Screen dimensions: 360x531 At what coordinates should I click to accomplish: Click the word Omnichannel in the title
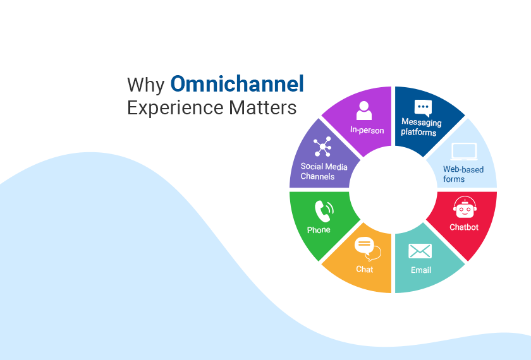(237, 84)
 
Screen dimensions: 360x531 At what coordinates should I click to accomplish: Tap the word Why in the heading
(146, 85)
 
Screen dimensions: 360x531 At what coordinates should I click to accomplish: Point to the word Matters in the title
(262, 107)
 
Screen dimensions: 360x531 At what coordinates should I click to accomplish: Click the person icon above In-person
(364, 111)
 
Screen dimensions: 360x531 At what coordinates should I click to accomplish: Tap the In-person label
(367, 130)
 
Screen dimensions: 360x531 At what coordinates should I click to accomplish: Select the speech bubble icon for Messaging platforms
(423, 107)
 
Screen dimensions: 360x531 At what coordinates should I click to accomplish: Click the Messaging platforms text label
(422, 128)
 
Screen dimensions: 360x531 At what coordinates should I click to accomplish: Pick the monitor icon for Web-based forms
(463, 152)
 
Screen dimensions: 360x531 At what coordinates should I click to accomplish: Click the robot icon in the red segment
(464, 208)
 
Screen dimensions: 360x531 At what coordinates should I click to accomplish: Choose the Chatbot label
(464, 227)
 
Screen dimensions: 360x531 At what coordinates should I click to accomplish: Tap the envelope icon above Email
(420, 251)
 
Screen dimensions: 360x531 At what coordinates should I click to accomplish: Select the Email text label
(421, 270)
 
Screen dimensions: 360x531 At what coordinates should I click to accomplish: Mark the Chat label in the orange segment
(365, 269)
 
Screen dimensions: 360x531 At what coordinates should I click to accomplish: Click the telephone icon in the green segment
(324, 211)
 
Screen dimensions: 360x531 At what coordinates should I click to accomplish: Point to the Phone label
(319, 230)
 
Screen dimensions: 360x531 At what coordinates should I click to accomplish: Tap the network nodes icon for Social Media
(322, 147)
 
